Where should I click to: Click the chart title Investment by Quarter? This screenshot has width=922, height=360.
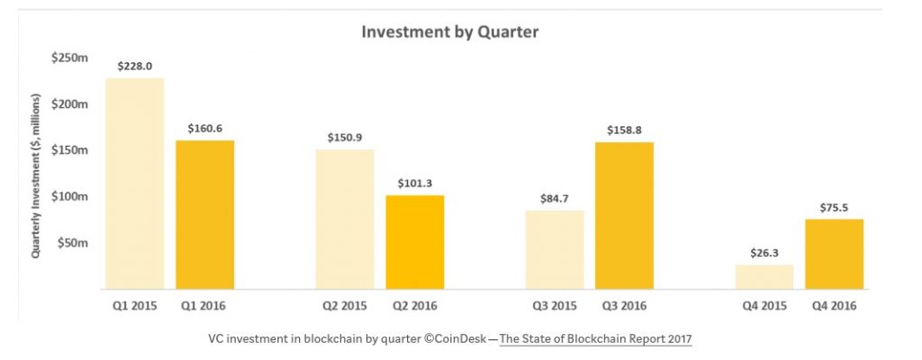(449, 32)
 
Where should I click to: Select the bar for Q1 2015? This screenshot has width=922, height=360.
(135, 184)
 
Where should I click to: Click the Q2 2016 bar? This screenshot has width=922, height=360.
(415, 242)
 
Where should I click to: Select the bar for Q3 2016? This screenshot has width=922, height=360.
(624, 215)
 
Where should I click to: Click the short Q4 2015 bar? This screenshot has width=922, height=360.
(764, 276)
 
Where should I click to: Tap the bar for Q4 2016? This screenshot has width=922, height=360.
(835, 254)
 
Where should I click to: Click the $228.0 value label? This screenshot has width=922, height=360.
(135, 66)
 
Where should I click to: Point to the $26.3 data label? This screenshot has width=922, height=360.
(764, 253)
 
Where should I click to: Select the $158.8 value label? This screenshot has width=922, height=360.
(624, 130)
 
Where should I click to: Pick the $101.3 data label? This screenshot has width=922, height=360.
(415, 183)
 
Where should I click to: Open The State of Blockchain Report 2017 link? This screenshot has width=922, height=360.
(596, 339)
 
